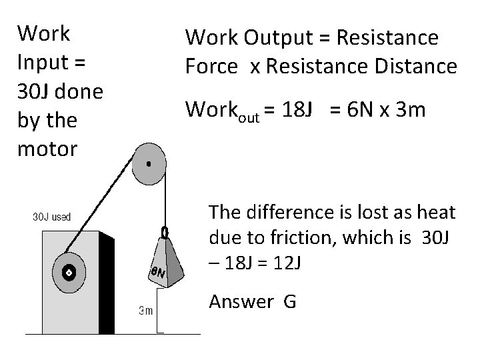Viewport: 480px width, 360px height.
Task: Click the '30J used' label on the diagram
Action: point(52,217)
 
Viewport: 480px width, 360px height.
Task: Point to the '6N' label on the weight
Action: point(158,271)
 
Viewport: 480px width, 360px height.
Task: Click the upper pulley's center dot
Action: point(149,163)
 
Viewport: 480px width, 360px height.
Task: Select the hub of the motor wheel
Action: point(67,273)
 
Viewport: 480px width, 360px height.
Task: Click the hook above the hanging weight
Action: point(163,232)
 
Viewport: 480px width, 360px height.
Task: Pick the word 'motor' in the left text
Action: point(47,148)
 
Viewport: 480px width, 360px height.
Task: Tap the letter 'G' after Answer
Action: point(289,302)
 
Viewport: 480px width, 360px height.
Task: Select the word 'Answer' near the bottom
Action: point(241,302)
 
